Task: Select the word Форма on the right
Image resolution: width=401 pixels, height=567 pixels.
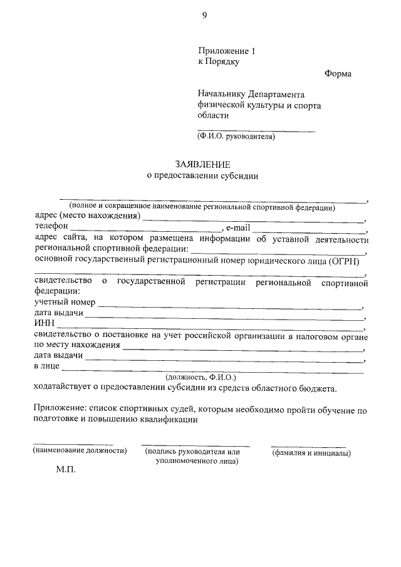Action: pyautogui.click(x=338, y=74)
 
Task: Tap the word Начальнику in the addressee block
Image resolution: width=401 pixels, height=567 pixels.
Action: pyautogui.click(x=221, y=95)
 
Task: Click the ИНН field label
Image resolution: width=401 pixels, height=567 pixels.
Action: pyautogui.click(x=43, y=323)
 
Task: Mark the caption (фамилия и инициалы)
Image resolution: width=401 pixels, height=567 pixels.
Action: pyautogui.click(x=311, y=453)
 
